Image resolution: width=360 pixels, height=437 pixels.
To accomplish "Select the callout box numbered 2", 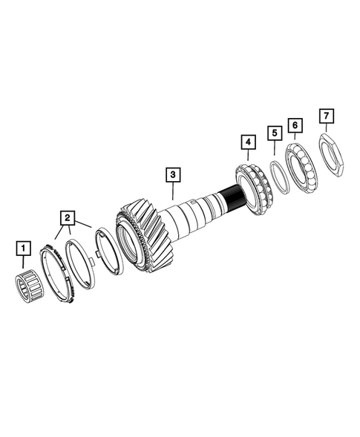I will click(68, 217).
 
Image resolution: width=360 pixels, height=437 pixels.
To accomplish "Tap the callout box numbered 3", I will click(171, 175).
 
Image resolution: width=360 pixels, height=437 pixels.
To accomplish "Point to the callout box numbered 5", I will click(275, 133).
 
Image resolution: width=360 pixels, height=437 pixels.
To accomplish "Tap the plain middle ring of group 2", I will click(79, 263).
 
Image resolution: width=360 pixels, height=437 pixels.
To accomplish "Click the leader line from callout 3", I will click(172, 194).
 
